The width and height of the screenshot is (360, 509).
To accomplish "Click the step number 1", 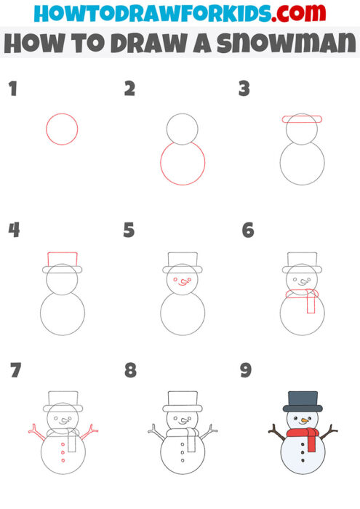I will point(12,89).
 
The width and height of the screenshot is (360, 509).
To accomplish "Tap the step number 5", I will point(129,231).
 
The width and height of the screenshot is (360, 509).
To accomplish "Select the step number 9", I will point(246,371).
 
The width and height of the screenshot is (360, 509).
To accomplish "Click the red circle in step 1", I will point(62,129).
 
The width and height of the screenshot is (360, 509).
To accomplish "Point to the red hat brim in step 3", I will point(301,119).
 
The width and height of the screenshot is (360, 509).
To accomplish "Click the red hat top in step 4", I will point(63,259).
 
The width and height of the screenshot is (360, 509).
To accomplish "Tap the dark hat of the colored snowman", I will point(303,401).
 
